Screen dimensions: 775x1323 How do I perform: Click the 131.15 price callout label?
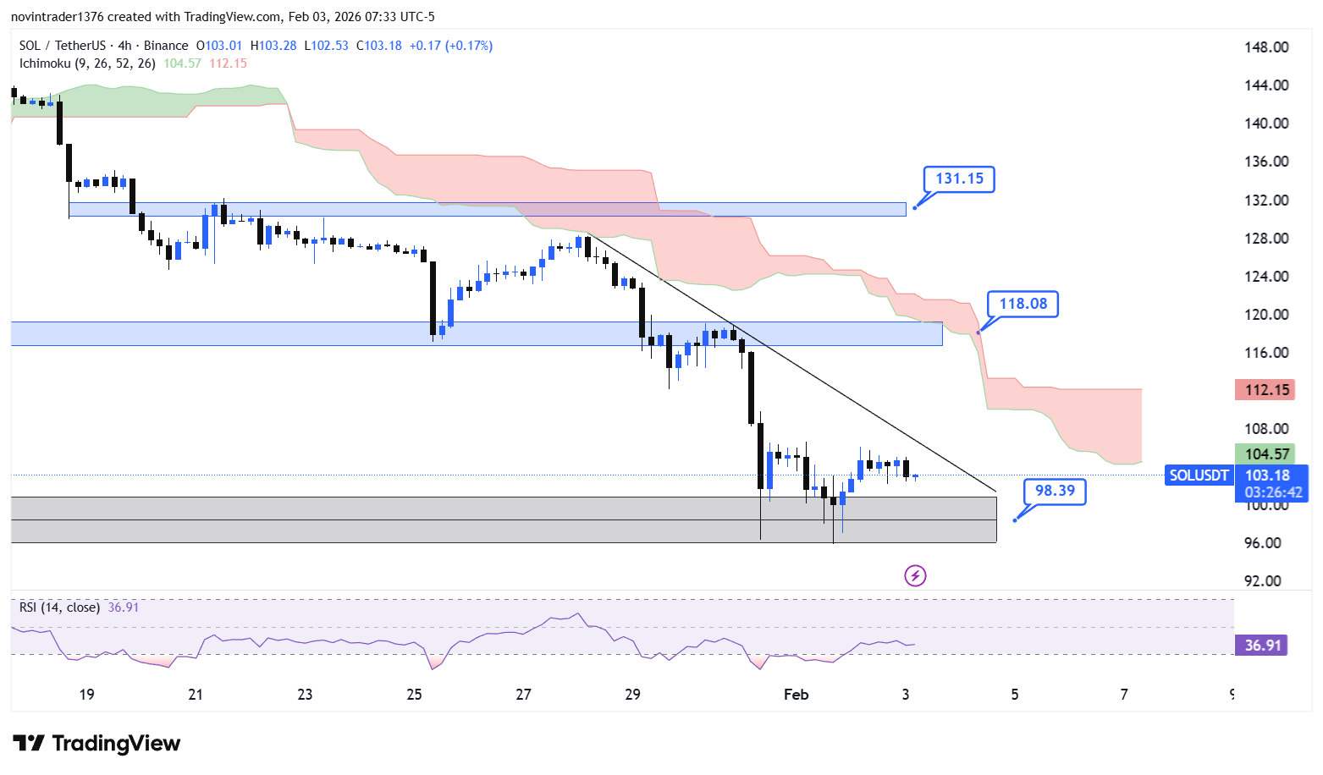pyautogui.click(x=959, y=179)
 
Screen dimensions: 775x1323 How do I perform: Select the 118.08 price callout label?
pyautogui.click(x=1023, y=304)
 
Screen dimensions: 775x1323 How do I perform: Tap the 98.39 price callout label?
pyautogui.click(x=1055, y=491)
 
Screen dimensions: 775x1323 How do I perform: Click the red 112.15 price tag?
pyautogui.click(x=1266, y=390)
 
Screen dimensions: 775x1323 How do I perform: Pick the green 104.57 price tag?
pyautogui.click(x=1266, y=454)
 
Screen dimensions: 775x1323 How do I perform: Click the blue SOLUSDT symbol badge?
pyautogui.click(x=1198, y=475)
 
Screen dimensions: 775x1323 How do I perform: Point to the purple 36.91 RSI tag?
pyautogui.click(x=1261, y=646)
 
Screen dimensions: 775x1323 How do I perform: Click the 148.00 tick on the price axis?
pyautogui.click(x=1265, y=47)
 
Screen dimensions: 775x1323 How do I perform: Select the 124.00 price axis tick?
pyautogui.click(x=1265, y=277)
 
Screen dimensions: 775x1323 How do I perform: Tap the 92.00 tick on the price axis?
pyautogui.click(x=1262, y=581)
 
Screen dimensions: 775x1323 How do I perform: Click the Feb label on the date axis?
pyautogui.click(x=796, y=695)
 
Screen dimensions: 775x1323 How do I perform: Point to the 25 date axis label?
pyautogui.click(x=414, y=695)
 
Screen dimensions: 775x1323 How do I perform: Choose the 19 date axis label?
pyautogui.click(x=86, y=695)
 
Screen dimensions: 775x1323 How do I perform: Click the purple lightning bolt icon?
pyautogui.click(x=915, y=576)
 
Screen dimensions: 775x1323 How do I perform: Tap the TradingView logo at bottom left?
pyautogui.click(x=96, y=744)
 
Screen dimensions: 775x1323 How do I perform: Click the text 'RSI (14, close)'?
pyautogui.click(x=59, y=607)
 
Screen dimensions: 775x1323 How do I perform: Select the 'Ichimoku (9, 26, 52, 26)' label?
pyautogui.click(x=87, y=63)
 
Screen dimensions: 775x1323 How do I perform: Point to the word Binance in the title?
pyautogui.click(x=166, y=46)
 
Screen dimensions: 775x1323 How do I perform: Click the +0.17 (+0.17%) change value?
pyautogui.click(x=450, y=46)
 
